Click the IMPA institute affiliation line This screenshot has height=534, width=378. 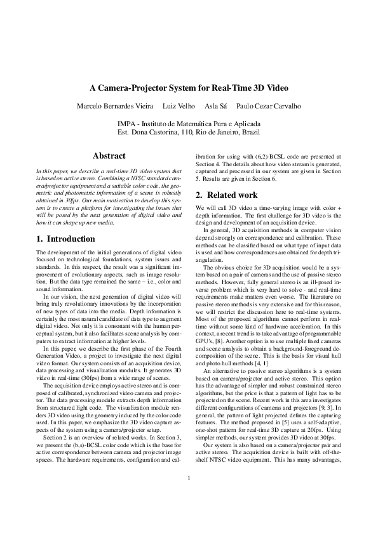pos(188,124)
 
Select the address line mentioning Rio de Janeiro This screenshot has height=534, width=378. pos(188,133)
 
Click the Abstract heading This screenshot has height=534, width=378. pos(109,155)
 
